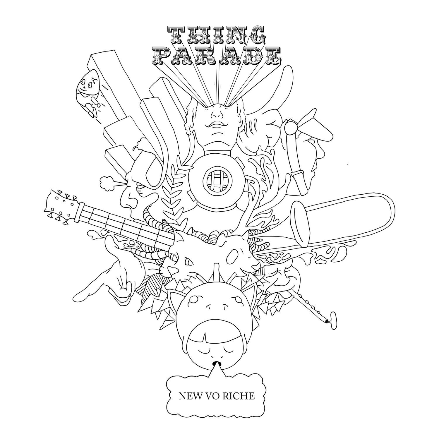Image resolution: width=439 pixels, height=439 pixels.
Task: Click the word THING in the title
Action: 217,36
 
